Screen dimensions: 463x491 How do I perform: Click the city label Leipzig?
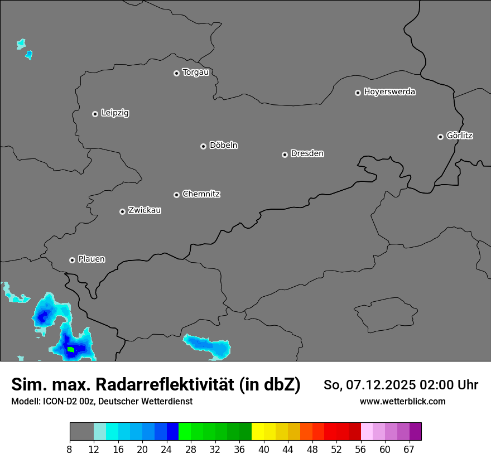[x=115, y=113]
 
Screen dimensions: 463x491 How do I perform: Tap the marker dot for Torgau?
[x=176, y=73]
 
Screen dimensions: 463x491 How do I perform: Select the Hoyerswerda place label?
[x=389, y=91]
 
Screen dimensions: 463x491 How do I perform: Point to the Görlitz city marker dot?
[x=440, y=137]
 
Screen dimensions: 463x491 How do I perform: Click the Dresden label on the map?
[x=307, y=153]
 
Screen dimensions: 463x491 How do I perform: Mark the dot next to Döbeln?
[x=203, y=146]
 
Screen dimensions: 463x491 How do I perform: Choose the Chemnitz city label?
[x=201, y=194]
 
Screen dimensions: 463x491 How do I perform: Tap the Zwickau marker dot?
[x=122, y=211]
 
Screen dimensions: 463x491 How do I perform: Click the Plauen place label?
[x=92, y=259]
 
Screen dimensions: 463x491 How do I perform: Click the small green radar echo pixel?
[x=71, y=350]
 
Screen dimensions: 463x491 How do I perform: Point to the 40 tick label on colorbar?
[x=264, y=450]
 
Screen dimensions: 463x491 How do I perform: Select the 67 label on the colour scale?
[x=409, y=450]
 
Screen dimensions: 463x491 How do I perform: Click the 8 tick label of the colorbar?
[x=70, y=450]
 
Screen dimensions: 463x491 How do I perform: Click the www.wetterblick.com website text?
[x=402, y=401]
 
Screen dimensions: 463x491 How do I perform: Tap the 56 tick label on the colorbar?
[x=361, y=450]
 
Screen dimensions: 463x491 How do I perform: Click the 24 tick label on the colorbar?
[x=167, y=450]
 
